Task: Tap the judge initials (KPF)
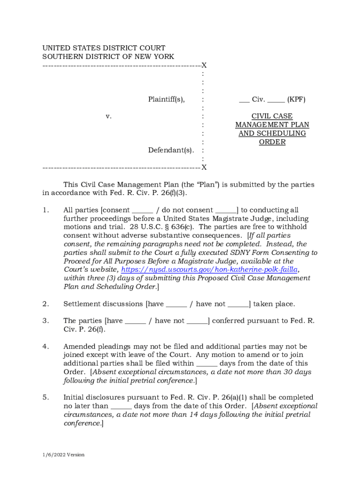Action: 296,99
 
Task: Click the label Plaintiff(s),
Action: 166,99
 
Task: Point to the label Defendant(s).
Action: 171,150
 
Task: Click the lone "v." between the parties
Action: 108,116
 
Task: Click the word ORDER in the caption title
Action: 272,142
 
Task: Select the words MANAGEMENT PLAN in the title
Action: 272,125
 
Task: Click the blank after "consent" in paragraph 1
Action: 142,211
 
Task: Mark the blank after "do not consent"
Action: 226,211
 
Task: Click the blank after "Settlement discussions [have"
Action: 176,305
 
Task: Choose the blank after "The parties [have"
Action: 136,321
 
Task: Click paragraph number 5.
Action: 46,398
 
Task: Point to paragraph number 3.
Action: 46,321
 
